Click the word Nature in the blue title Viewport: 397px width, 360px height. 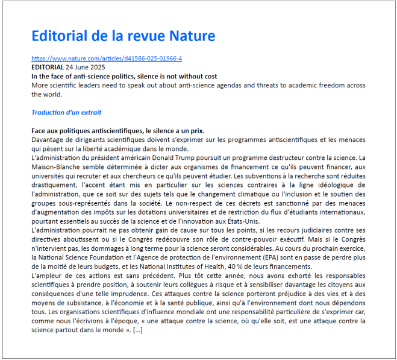(x=191, y=36)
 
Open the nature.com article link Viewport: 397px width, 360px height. (x=107, y=58)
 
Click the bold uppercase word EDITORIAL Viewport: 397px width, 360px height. (x=47, y=68)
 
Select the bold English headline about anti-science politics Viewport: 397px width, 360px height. (x=124, y=77)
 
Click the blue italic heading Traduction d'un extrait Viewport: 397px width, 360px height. (x=66, y=112)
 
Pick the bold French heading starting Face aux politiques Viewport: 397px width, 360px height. (x=117, y=131)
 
